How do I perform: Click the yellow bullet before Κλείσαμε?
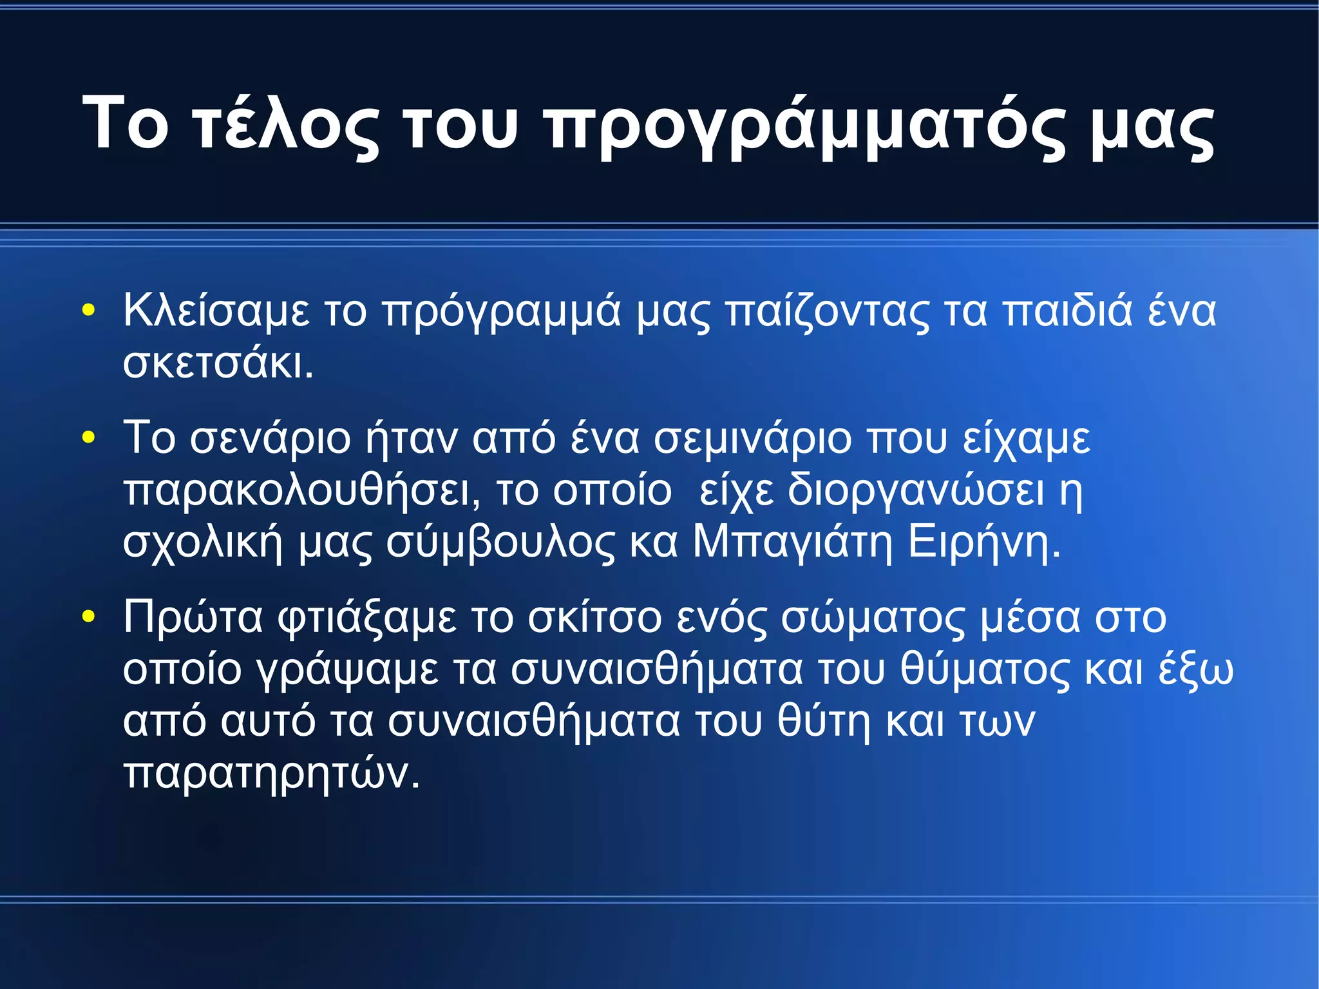pyautogui.click(x=88, y=311)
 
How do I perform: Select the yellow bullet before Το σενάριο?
pyautogui.click(x=88, y=438)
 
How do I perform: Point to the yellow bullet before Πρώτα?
pyautogui.click(x=88, y=617)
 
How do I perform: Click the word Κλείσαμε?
pyautogui.click(x=216, y=311)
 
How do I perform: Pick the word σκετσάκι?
pyautogui.click(x=218, y=363)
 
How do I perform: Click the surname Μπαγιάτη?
pyautogui.click(x=793, y=543)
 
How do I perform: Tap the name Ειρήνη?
pyautogui.click(x=983, y=543)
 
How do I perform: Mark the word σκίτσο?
pyautogui.click(x=594, y=618)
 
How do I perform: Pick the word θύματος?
pyautogui.click(x=985, y=669)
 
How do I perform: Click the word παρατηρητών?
pyautogui.click(x=271, y=773)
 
